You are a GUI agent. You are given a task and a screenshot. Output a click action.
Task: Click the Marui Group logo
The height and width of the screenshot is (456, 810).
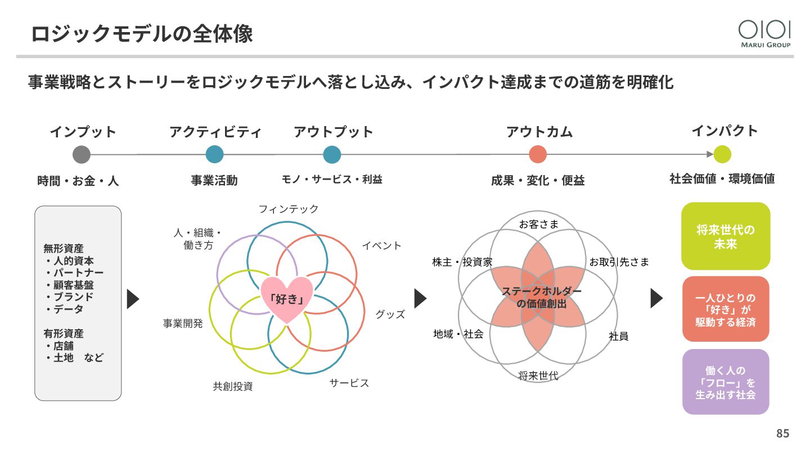(x=764, y=33)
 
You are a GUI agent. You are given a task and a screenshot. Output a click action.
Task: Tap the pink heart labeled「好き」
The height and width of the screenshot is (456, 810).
(x=286, y=298)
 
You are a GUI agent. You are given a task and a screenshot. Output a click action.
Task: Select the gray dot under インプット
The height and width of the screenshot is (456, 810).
(x=82, y=154)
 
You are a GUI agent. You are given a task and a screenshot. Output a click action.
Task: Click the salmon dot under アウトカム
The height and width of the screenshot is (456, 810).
(x=538, y=154)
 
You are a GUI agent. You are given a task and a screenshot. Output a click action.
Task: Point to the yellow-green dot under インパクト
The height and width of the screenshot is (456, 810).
(x=722, y=154)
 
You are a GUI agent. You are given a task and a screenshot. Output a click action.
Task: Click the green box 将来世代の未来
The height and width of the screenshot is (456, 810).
(x=726, y=236)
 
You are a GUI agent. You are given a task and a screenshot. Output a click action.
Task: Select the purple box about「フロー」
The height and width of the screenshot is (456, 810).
(x=726, y=382)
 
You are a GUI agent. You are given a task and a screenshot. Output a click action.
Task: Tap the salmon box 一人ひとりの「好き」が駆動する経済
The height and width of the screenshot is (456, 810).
(x=726, y=309)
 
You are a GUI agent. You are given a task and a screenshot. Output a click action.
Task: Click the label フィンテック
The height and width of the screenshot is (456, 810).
(x=289, y=209)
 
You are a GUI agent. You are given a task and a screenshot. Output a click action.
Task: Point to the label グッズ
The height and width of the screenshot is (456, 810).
(x=390, y=314)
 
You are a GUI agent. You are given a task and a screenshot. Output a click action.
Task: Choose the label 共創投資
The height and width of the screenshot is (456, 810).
(x=233, y=386)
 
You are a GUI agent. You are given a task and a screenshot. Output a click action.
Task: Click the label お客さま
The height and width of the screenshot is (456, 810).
(x=538, y=224)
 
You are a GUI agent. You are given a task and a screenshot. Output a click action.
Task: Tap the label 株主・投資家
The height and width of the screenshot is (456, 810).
(x=462, y=262)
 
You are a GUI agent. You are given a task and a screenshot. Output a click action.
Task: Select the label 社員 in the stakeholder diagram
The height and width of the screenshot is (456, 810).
(x=618, y=336)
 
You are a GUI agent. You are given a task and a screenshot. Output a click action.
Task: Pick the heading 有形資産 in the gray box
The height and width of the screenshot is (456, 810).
(x=64, y=333)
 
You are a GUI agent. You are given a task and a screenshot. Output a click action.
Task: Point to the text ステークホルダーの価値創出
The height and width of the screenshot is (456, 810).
(x=541, y=297)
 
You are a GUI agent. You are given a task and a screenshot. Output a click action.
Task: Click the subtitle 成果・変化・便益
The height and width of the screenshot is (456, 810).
(x=538, y=180)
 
